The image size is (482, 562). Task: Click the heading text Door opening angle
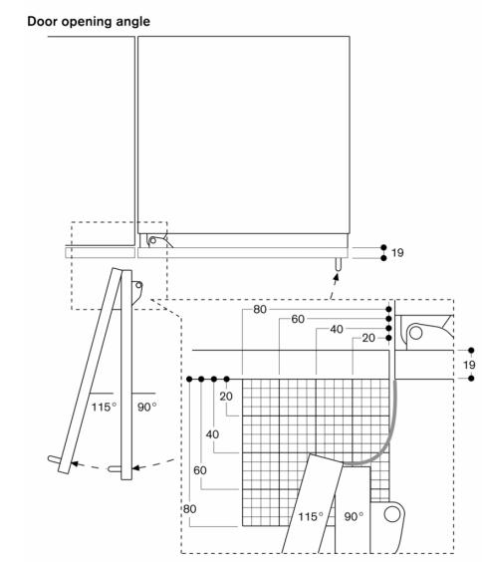point(89,22)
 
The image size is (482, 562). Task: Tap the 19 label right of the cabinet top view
point(397,253)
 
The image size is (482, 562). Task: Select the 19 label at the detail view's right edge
point(469,365)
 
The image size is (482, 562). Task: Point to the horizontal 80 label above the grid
point(260,309)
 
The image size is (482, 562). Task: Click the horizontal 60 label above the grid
point(298,319)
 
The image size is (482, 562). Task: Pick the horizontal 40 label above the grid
point(337,329)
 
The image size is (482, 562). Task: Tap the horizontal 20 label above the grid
point(368,338)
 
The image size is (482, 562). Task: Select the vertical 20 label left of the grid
point(226,396)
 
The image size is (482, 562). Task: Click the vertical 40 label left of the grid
point(212,434)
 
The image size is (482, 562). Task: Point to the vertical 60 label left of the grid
point(200,470)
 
